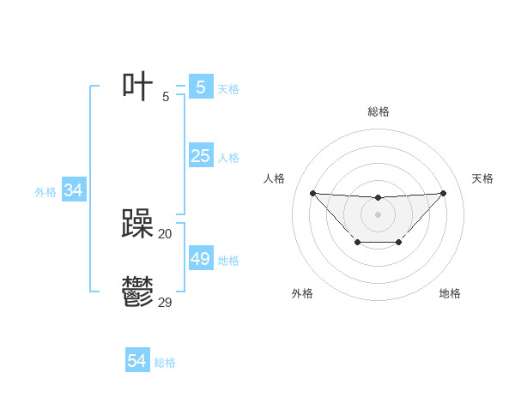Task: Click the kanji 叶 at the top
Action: click(x=137, y=87)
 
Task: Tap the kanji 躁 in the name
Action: click(x=137, y=225)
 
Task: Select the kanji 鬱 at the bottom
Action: click(x=137, y=293)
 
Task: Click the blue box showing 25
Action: click(x=200, y=156)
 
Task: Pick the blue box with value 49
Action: click(x=200, y=259)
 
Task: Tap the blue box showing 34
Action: click(x=73, y=190)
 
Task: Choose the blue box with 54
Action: click(x=136, y=361)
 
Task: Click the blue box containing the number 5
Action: click(x=200, y=87)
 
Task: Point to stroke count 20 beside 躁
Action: click(x=165, y=233)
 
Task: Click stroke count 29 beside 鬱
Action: click(x=165, y=302)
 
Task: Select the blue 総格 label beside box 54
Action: click(x=165, y=363)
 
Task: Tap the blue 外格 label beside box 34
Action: click(x=45, y=192)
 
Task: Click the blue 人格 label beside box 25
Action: click(x=228, y=158)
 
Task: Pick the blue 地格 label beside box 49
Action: click(x=228, y=261)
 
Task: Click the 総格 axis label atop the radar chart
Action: click(x=378, y=111)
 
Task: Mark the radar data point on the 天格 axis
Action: click(x=443, y=193)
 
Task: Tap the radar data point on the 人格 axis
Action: click(x=312, y=193)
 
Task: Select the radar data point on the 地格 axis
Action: click(x=399, y=243)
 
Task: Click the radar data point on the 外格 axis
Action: click(x=357, y=243)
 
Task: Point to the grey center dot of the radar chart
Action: click(x=378, y=214)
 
